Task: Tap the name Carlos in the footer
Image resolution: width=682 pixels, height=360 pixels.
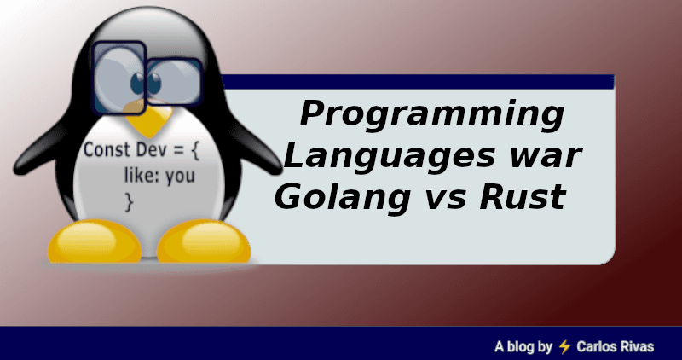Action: click(x=598, y=346)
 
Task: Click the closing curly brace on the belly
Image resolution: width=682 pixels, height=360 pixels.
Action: click(x=130, y=204)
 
